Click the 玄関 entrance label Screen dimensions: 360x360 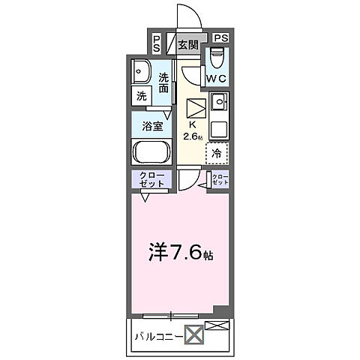point(187,43)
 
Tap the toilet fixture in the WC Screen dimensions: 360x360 point(217,57)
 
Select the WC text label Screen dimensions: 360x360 point(217,77)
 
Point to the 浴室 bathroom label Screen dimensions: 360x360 point(153,126)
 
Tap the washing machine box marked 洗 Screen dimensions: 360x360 point(141,96)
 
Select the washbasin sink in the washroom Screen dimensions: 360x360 point(140,72)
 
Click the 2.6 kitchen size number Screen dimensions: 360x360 point(193,137)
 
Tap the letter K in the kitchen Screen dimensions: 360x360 point(192,125)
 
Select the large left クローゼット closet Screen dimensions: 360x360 point(153,179)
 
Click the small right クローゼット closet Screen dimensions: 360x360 point(220,179)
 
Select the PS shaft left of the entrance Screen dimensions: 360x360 point(157,44)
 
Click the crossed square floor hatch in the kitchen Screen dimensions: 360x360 point(195,106)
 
